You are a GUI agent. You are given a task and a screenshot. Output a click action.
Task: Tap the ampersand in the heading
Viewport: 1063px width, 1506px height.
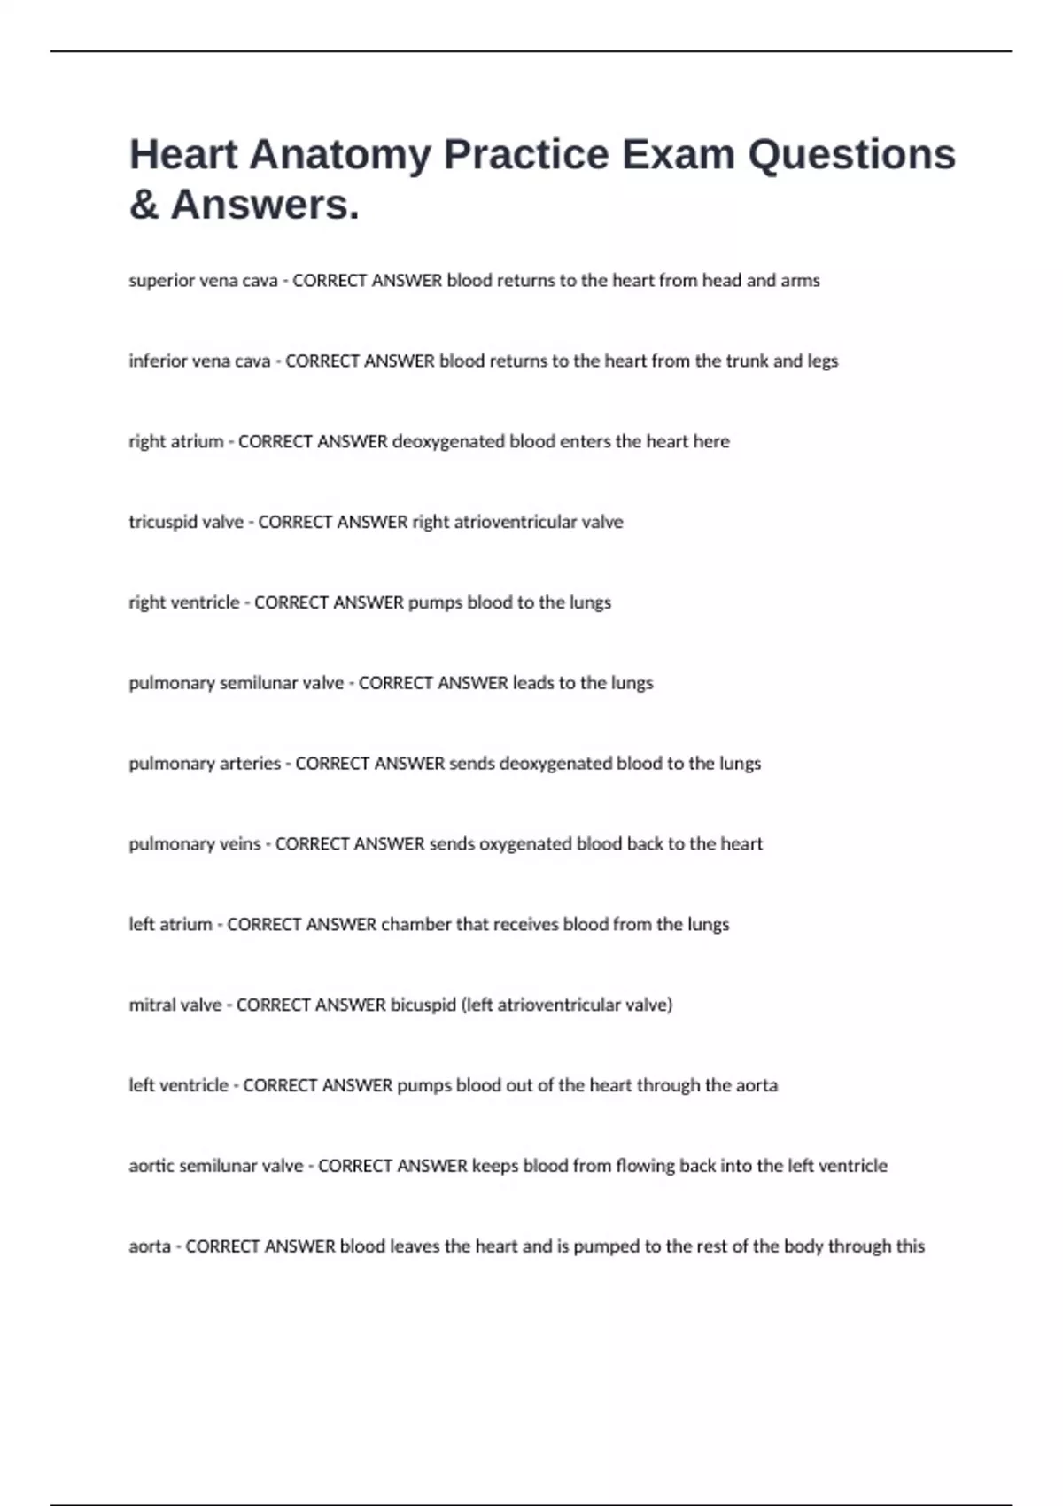click(144, 205)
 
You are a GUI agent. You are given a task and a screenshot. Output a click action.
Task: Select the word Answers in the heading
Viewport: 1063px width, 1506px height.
click(265, 205)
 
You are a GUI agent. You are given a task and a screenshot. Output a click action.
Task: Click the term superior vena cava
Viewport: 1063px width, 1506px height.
click(203, 281)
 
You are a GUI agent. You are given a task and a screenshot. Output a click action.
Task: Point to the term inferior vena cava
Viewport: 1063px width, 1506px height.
click(199, 361)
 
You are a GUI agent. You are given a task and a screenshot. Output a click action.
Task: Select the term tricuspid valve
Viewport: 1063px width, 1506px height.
click(186, 523)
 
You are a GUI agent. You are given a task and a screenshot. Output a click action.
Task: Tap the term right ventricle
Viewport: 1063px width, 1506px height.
click(184, 603)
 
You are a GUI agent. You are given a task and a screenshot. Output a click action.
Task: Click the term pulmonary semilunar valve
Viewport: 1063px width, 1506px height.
click(237, 683)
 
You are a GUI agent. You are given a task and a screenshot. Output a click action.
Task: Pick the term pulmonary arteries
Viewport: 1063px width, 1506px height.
click(205, 764)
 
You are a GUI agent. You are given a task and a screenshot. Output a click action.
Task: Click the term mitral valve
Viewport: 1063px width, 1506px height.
click(175, 1005)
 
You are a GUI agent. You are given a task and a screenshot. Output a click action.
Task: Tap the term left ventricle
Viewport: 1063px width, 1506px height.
click(179, 1086)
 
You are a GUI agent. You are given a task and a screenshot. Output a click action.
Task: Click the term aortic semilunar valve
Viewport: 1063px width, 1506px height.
click(216, 1167)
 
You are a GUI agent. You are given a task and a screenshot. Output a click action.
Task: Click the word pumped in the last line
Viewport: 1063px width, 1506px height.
click(606, 1247)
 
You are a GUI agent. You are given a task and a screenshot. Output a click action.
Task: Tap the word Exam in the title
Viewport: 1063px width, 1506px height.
click(679, 155)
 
